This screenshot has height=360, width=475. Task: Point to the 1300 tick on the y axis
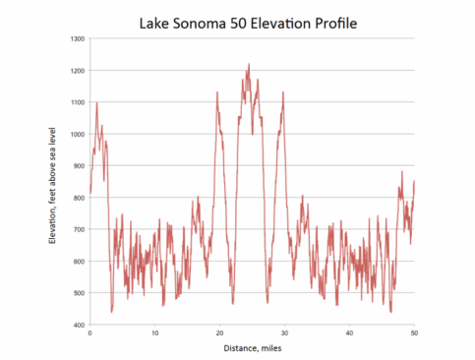tap(77, 39)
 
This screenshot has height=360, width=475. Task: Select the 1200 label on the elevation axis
tap(77, 71)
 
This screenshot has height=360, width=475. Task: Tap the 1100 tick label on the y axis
tap(77, 102)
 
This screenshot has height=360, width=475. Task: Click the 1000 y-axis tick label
tap(77, 135)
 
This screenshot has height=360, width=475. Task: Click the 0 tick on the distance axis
tap(89, 332)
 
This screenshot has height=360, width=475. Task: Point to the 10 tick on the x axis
tap(154, 332)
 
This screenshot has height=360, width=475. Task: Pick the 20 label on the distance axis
tap(219, 332)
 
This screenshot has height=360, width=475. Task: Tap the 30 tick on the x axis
tap(284, 332)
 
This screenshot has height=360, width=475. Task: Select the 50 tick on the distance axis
tap(414, 332)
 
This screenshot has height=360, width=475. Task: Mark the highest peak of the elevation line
tap(249, 65)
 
